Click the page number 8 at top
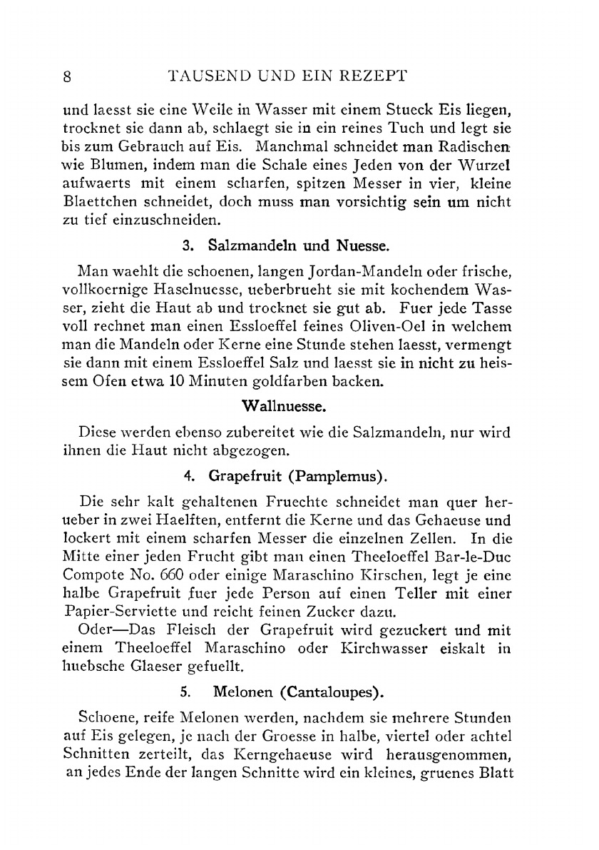click(68, 77)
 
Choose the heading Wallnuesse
click(285, 408)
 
